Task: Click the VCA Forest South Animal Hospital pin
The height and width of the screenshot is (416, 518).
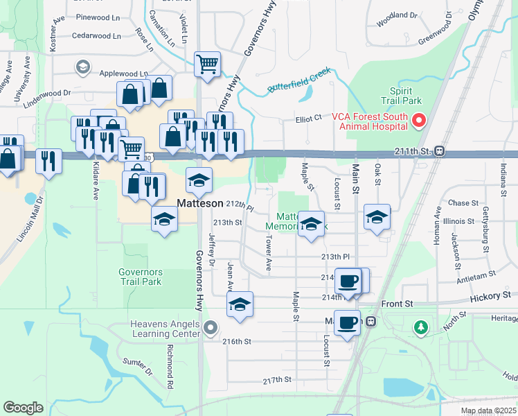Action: [x=418, y=121]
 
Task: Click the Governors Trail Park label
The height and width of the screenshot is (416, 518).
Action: [x=140, y=277]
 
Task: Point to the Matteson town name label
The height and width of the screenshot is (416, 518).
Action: [x=199, y=204]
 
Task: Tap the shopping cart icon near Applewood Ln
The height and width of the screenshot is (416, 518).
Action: [x=208, y=64]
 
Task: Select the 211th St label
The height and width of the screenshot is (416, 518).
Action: [x=413, y=150]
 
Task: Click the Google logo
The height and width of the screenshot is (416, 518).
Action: [x=24, y=407]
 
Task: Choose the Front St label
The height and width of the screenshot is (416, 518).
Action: [x=397, y=304]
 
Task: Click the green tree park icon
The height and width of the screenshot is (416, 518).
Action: [x=420, y=327]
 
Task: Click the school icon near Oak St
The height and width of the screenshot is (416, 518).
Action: [x=377, y=217]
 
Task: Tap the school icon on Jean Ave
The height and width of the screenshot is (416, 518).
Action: [x=240, y=304]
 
